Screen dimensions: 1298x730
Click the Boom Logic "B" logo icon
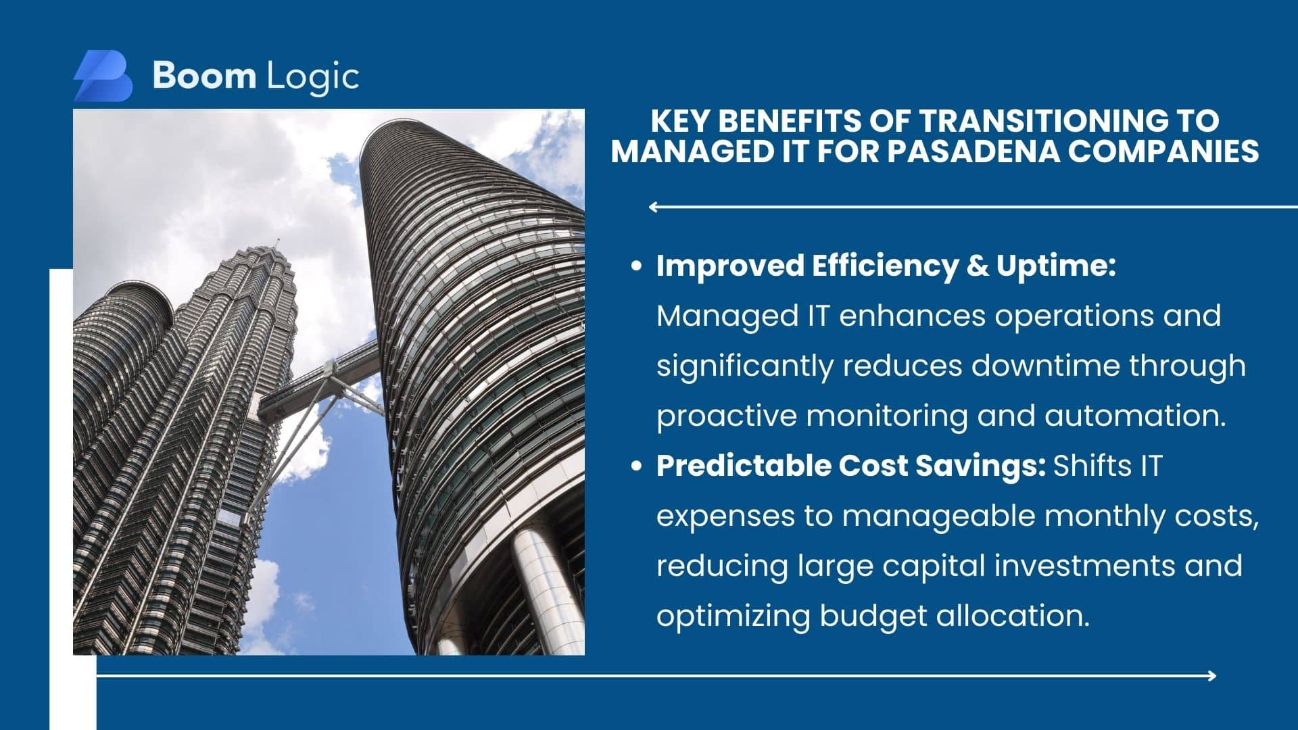tap(103, 76)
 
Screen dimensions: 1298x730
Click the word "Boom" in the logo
tap(204, 75)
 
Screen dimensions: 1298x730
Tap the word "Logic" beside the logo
tap(313, 78)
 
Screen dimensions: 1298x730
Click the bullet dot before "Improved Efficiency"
tap(635, 266)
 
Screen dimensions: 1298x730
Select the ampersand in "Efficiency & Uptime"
tap(977, 266)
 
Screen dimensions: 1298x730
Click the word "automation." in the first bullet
tap(1135, 415)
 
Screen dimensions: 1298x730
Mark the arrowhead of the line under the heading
tap(653, 207)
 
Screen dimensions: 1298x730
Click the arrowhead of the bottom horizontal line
tap(1211, 675)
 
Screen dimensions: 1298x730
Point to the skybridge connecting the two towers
tap(318, 379)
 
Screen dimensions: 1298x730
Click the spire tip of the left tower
tap(276, 241)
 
